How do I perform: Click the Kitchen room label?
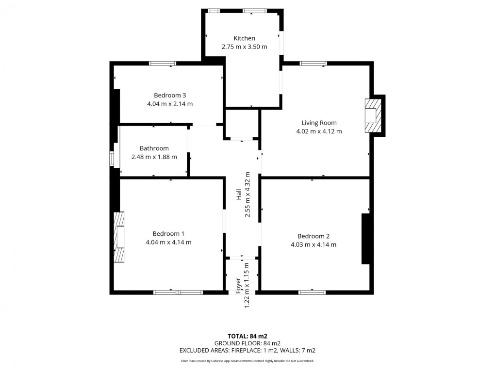244,38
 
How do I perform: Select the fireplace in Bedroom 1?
119,238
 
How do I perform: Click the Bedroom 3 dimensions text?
170,104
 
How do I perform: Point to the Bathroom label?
154,148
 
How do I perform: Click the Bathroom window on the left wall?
112,159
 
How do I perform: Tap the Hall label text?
239,195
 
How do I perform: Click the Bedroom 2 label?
313,236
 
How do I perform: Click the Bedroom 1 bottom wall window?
178,292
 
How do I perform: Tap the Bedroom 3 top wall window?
163,63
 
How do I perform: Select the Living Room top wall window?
313,63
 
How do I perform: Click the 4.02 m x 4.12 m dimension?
319,131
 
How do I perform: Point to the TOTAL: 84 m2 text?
247,336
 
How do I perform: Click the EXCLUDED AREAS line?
247,350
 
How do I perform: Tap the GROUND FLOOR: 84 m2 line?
247,343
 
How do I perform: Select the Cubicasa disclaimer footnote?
247,361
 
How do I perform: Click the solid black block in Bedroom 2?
365,239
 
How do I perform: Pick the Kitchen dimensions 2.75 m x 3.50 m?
244,47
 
